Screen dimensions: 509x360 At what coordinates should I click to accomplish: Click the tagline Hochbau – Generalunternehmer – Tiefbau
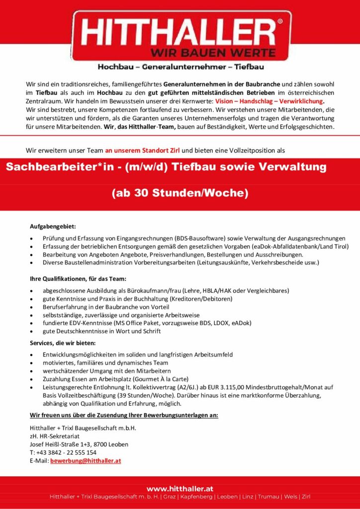[180, 67]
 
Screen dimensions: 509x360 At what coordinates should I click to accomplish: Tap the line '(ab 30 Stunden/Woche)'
[180, 192]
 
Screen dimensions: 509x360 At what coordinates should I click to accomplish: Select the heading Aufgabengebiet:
[52, 227]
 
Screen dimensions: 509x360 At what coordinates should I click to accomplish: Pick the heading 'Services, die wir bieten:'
[63, 343]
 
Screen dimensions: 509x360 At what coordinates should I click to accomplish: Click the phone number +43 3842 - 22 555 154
[66, 452]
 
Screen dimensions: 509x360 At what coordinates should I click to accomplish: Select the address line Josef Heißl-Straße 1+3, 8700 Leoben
[79, 444]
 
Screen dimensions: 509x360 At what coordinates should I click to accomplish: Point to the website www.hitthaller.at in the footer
[180, 489]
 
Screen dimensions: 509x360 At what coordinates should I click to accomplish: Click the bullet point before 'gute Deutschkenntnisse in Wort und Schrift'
[32, 331]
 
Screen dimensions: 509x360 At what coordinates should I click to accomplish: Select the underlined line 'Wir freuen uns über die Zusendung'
[124, 415]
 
